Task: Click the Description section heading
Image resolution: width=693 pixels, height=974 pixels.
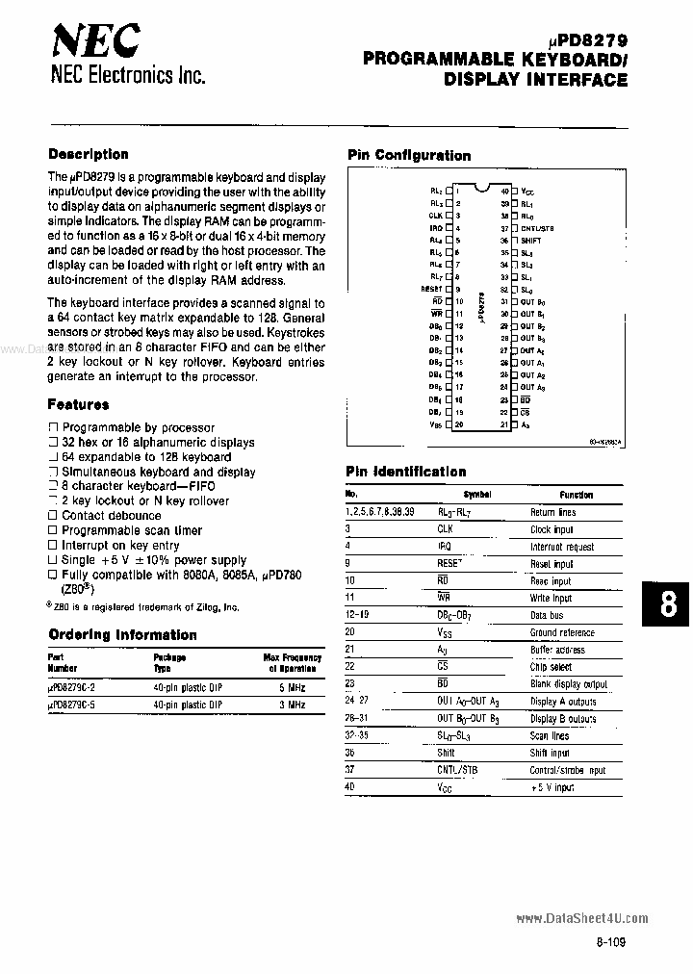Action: (x=88, y=154)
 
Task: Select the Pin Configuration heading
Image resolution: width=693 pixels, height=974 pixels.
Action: (x=409, y=155)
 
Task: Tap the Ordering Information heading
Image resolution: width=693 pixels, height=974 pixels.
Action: (x=122, y=635)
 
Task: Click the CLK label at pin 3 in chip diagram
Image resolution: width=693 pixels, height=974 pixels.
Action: (x=436, y=216)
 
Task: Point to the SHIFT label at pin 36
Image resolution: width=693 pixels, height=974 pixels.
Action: (x=530, y=240)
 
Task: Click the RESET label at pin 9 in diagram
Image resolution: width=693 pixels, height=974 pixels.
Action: (x=431, y=288)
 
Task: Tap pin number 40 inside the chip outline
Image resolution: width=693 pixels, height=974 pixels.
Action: (x=503, y=192)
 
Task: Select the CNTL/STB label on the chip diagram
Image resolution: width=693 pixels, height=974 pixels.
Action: (x=537, y=228)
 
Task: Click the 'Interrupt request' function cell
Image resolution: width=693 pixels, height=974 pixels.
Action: (x=562, y=547)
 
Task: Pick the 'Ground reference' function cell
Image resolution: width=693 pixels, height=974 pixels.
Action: (x=562, y=632)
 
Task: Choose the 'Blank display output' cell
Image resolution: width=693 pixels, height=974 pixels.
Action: (x=569, y=684)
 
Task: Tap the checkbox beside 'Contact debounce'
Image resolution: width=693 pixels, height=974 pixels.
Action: (x=53, y=516)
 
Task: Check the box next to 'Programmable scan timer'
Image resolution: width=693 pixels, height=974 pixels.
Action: (x=53, y=530)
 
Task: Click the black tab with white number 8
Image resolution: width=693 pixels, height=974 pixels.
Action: (x=669, y=604)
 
